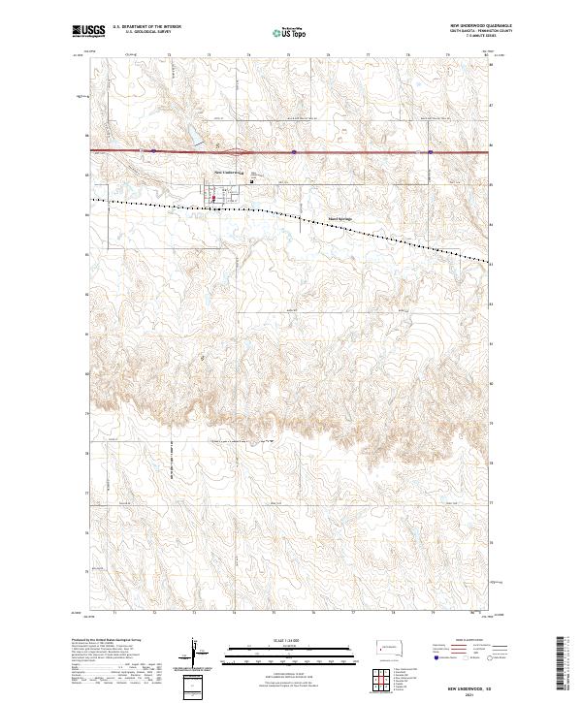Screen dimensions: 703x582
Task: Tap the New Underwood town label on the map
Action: (226, 173)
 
